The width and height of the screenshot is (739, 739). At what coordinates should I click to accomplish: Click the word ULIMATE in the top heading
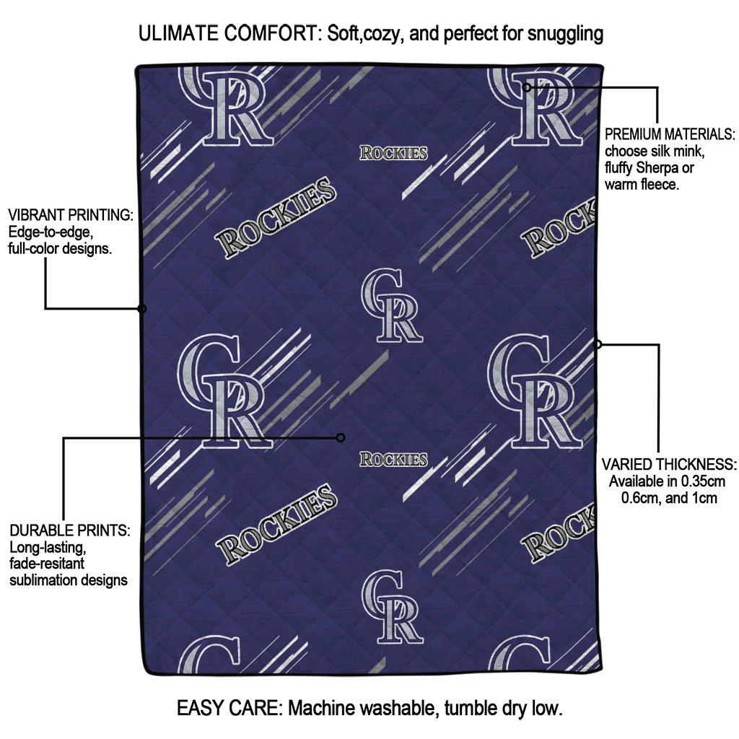coord(179,33)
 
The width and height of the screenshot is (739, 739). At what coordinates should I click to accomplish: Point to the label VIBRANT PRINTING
coord(71,215)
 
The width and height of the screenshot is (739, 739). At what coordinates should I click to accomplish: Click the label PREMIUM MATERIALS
coord(670,134)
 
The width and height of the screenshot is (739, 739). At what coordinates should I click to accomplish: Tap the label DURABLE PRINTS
coord(70,530)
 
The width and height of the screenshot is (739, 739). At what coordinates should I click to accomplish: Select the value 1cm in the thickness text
coord(703,498)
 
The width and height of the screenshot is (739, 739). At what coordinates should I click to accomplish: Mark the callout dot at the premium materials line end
coord(526,87)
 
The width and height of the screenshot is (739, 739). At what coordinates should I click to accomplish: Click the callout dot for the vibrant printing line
coord(141,309)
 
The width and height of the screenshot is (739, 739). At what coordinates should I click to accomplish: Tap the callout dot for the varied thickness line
coord(597,344)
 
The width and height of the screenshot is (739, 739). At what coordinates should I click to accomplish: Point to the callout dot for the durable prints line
coord(341,438)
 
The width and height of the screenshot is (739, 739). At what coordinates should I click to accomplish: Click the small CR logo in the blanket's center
coord(392,305)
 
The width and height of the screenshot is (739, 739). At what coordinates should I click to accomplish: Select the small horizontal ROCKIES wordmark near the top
coord(393,153)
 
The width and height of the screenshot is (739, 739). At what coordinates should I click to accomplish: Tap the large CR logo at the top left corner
coord(225,106)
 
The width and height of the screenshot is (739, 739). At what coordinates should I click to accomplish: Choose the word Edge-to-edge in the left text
coord(51,232)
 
